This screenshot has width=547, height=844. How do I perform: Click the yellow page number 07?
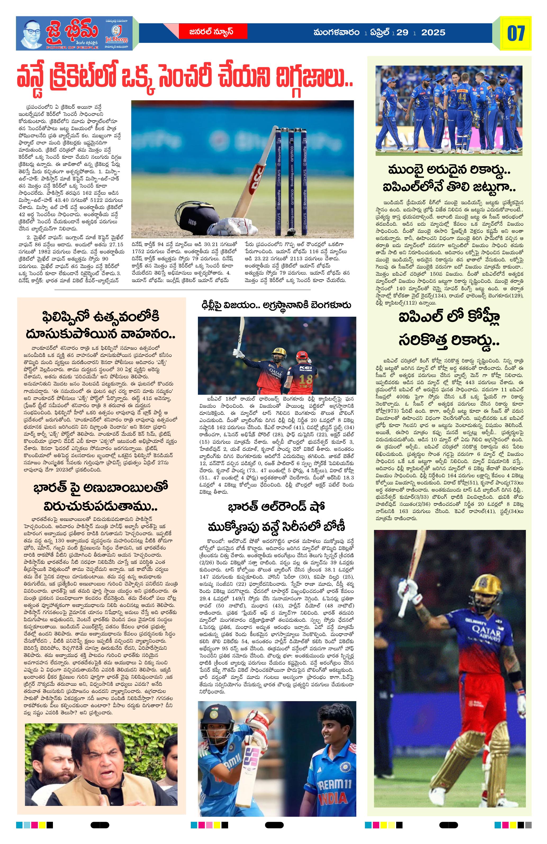click(x=516, y=34)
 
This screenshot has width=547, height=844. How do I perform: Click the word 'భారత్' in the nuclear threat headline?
click(x=51, y=488)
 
